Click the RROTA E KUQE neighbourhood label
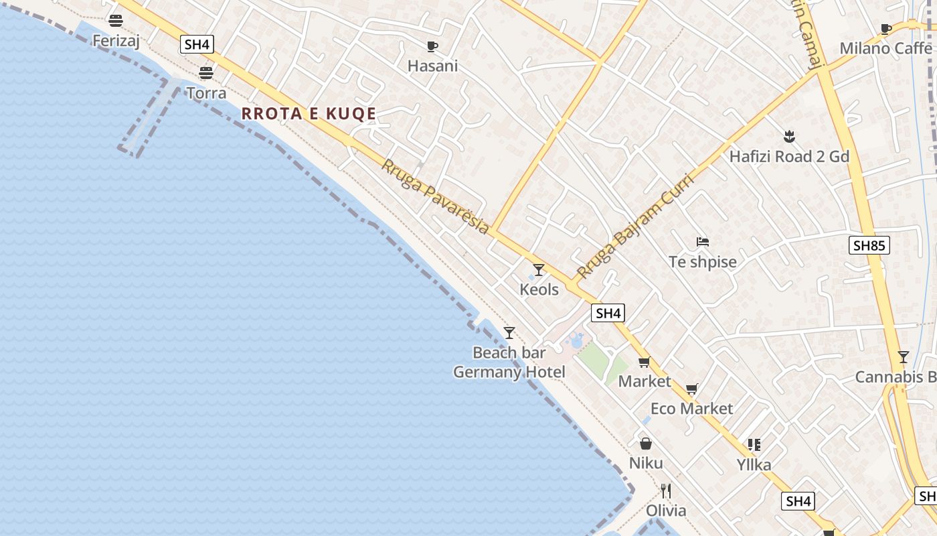pyautogui.click(x=309, y=113)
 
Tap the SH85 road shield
pyautogui.click(x=869, y=245)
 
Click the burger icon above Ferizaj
pyautogui.click(x=116, y=20)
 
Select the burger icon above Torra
pyautogui.click(x=206, y=72)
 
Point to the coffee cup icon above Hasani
pyautogui.click(x=432, y=46)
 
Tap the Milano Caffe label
pyautogui.click(x=885, y=48)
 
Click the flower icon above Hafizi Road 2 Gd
pyautogui.click(x=789, y=137)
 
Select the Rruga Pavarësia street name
pyautogui.click(x=435, y=196)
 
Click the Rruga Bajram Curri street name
pyautogui.click(x=635, y=225)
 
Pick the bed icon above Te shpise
pyautogui.click(x=702, y=242)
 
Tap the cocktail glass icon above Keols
pyautogui.click(x=539, y=269)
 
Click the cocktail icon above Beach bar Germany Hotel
pyautogui.click(x=509, y=332)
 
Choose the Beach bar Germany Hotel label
pyautogui.click(x=509, y=362)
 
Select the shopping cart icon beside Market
pyautogui.click(x=644, y=362)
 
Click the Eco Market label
pyautogui.click(x=691, y=409)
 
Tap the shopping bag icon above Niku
pyautogui.click(x=646, y=444)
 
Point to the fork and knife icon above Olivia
pyautogui.click(x=665, y=491)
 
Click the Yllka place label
pyautogui.click(x=754, y=464)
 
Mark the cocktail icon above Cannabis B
pyautogui.click(x=904, y=356)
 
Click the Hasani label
pyautogui.click(x=432, y=66)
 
